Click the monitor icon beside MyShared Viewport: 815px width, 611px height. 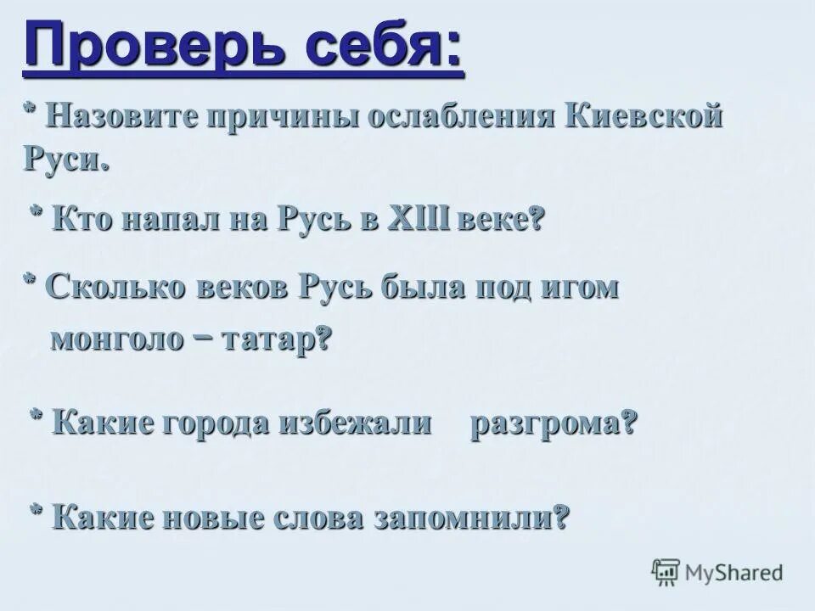coord(666,573)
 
